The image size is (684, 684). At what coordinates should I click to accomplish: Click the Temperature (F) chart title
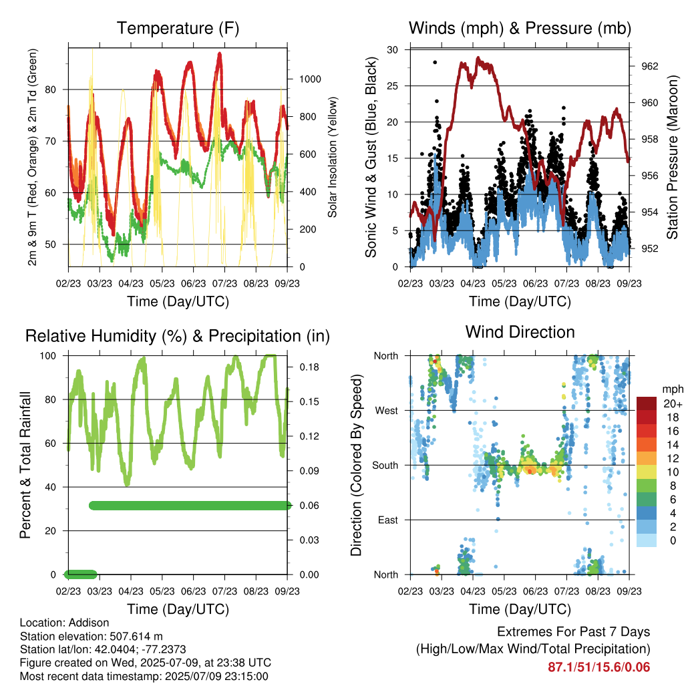click(178, 28)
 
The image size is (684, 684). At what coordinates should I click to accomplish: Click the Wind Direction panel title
click(520, 332)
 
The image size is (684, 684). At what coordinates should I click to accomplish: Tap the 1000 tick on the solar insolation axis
click(310, 79)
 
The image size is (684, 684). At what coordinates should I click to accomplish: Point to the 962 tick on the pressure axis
click(649, 66)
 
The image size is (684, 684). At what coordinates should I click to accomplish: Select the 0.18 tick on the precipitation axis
click(309, 367)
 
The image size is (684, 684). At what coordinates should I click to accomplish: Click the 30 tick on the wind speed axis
click(393, 49)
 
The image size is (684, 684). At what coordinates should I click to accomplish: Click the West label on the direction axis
click(387, 411)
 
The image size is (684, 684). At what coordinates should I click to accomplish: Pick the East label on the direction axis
click(388, 520)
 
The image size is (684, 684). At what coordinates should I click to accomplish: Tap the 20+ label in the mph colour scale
click(673, 403)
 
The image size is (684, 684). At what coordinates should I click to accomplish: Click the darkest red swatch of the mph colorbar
click(647, 403)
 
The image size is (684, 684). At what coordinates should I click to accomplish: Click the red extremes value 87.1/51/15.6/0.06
click(599, 667)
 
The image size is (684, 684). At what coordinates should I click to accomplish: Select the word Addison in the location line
click(89, 623)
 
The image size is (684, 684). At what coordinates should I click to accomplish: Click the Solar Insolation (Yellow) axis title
click(333, 157)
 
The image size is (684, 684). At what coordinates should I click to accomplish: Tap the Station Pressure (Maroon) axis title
click(672, 157)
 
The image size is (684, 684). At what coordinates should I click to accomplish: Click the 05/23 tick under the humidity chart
click(162, 591)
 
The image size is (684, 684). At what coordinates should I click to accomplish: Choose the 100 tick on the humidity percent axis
click(48, 356)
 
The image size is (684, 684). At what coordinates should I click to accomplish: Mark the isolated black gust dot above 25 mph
click(435, 62)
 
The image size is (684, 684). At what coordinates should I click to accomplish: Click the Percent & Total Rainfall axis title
click(25, 465)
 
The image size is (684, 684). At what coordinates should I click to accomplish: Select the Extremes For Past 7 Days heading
click(574, 632)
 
